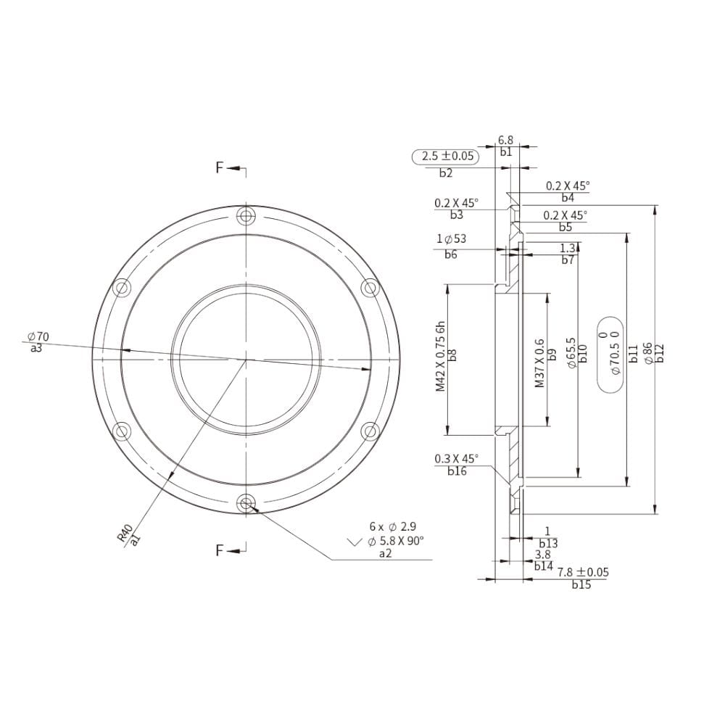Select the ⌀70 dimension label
(x=38, y=337)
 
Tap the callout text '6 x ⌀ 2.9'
(x=392, y=527)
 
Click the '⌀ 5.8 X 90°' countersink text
(x=396, y=541)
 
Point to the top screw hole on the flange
(x=246, y=215)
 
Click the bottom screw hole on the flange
(x=246, y=502)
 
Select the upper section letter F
(x=220, y=168)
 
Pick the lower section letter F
(x=220, y=550)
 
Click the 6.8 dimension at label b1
(x=505, y=139)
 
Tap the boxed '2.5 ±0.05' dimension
(x=447, y=156)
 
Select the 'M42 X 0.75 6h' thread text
(x=440, y=357)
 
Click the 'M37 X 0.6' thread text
(x=539, y=362)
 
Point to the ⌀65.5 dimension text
(x=572, y=354)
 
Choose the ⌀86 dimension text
(x=647, y=354)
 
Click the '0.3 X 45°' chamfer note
(x=457, y=459)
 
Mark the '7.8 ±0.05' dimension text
(x=583, y=573)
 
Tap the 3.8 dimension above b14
(x=542, y=555)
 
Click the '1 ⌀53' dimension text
(x=451, y=239)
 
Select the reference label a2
(x=385, y=553)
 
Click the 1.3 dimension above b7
(x=568, y=248)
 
